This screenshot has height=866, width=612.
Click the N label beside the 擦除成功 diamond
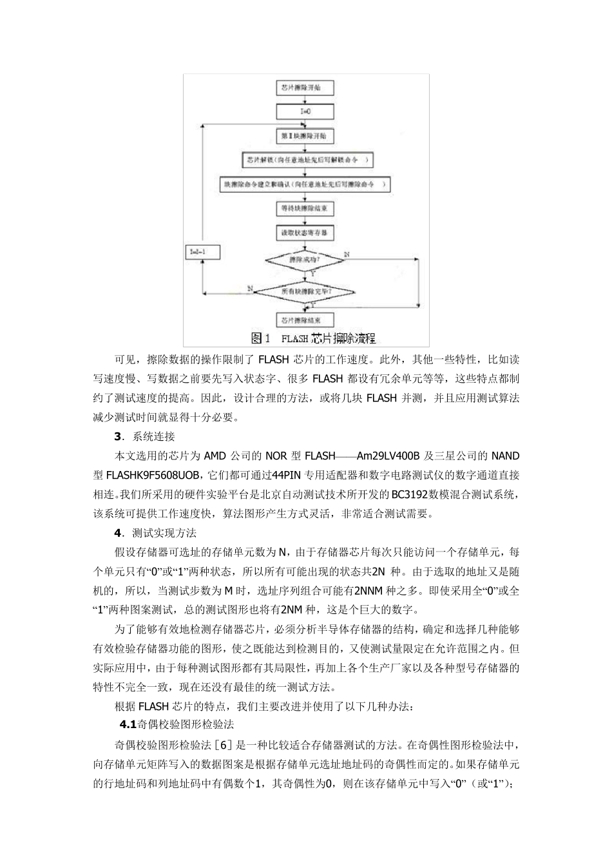pyautogui.click(x=347, y=255)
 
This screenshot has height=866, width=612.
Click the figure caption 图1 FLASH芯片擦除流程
pyautogui.click(x=312, y=338)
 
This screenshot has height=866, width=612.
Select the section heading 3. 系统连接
pyautogui.click(x=144, y=436)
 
